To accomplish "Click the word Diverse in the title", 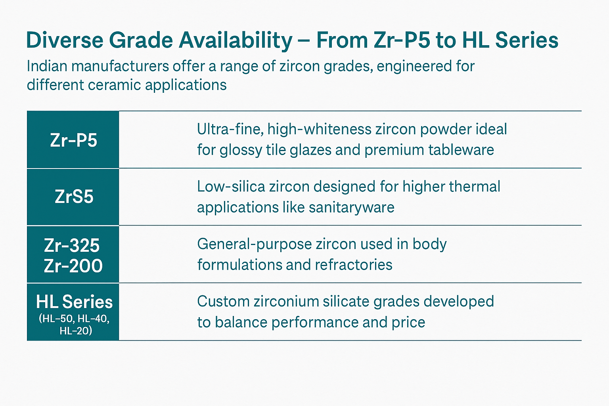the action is point(65,40).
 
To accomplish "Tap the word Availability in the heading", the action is point(236,41).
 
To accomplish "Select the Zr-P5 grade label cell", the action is point(73,140).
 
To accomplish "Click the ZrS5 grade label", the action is point(74,197).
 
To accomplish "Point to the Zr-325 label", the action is point(72,245).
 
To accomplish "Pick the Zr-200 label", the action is point(73,265).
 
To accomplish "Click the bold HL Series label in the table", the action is point(74,302).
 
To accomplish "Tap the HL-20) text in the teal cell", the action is point(76,331).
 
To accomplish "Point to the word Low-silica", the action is point(231,187).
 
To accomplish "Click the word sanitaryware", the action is point(352,208).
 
